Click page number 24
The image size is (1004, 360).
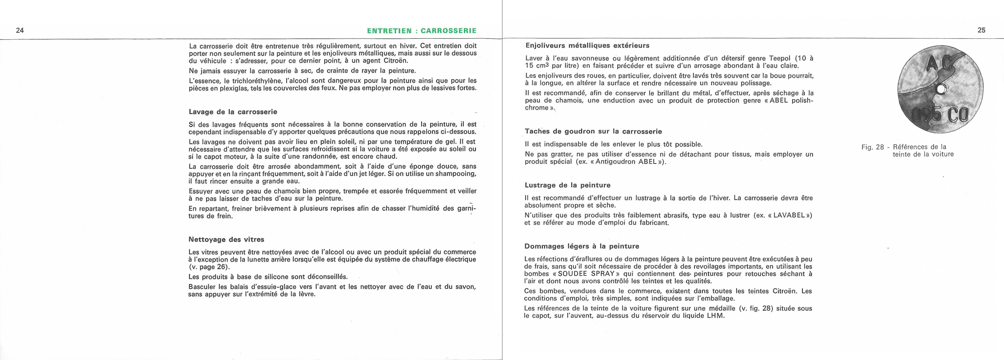pos(20,31)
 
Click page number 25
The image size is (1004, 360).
pos(981,30)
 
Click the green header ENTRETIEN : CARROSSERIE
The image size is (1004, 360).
pos(422,31)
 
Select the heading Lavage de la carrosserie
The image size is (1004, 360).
pos(233,112)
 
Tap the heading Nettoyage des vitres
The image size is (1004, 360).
pos(226,239)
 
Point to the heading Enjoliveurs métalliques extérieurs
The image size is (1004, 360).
pos(587,45)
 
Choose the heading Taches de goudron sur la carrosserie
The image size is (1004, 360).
pos(593,132)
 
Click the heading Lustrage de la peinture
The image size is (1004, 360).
pos(568,185)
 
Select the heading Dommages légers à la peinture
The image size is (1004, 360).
pos(582,247)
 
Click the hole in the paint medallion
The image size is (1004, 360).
pos(942,89)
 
